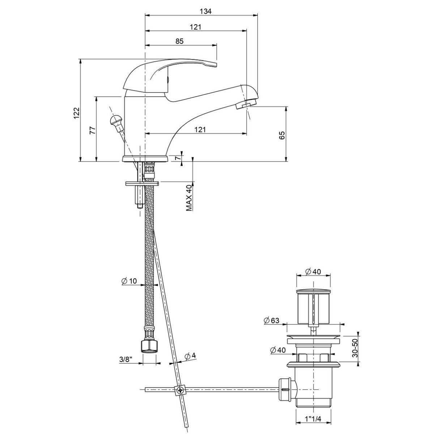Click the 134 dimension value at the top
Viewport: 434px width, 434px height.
click(x=205, y=11)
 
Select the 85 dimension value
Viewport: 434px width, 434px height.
click(x=179, y=41)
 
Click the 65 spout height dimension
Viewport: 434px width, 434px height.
click(x=282, y=135)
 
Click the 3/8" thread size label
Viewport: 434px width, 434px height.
click(x=126, y=359)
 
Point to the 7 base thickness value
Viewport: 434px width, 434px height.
click(x=177, y=158)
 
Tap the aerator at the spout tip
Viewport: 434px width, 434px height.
click(x=243, y=106)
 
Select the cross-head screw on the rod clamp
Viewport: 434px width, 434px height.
click(x=179, y=390)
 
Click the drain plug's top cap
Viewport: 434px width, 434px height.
click(x=313, y=291)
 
